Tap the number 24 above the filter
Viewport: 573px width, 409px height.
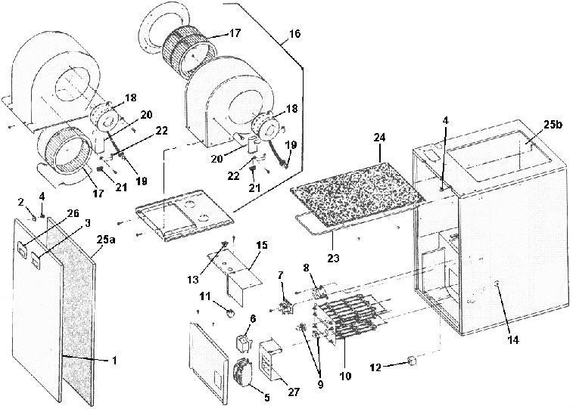[x=379, y=138]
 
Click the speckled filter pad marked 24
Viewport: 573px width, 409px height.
[x=357, y=187]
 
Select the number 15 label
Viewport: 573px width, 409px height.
[x=263, y=246]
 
